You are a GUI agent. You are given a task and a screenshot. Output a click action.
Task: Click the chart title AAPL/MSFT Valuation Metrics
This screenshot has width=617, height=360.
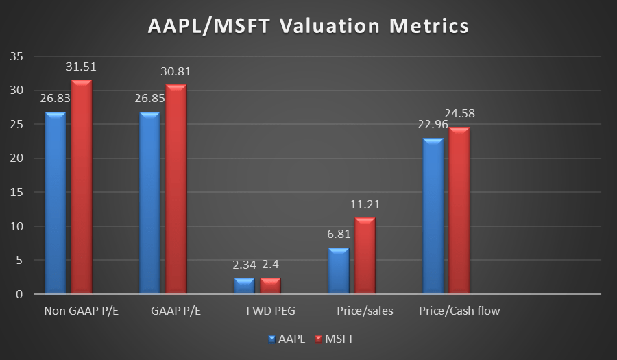coord(308,27)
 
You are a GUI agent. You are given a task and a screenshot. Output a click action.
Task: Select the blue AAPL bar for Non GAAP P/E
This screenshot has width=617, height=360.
coord(55,203)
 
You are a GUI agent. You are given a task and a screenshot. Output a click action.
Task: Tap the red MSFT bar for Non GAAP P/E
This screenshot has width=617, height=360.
coord(81,187)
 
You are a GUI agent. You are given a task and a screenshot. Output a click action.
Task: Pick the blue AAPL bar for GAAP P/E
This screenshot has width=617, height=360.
coord(149,203)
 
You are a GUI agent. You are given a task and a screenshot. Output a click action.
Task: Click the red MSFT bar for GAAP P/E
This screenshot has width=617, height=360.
coord(176,189)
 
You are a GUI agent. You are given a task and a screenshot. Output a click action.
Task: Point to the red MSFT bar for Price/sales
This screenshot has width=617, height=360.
coord(364,256)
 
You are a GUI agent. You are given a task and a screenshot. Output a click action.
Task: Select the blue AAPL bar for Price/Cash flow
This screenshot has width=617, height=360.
coord(433,216)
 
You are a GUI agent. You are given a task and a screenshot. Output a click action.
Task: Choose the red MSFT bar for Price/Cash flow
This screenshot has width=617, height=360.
coord(459,211)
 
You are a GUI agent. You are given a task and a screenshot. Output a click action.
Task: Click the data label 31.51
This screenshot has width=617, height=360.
coord(81,67)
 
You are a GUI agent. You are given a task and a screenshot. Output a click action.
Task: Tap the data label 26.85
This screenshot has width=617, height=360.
coord(149,99)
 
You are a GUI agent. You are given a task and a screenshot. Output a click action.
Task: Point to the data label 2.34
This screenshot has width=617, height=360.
coord(244,265)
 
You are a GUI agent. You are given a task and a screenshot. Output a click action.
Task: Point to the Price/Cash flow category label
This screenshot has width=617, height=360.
coord(459,311)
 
